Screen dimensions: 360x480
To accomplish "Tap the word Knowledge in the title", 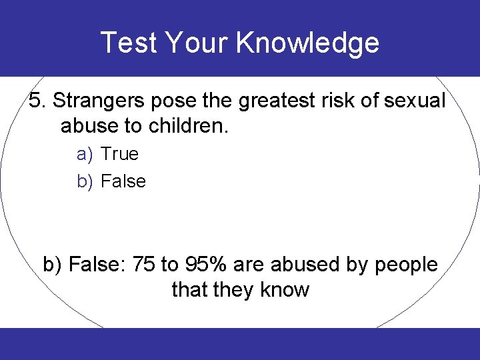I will coord(307,43).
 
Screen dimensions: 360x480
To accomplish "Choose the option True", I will coord(119,154).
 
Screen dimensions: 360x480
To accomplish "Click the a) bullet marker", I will coord(84,155).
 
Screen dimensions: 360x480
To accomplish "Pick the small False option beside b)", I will coord(123,181).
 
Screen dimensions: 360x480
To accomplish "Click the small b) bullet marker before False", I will coord(84,181).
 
